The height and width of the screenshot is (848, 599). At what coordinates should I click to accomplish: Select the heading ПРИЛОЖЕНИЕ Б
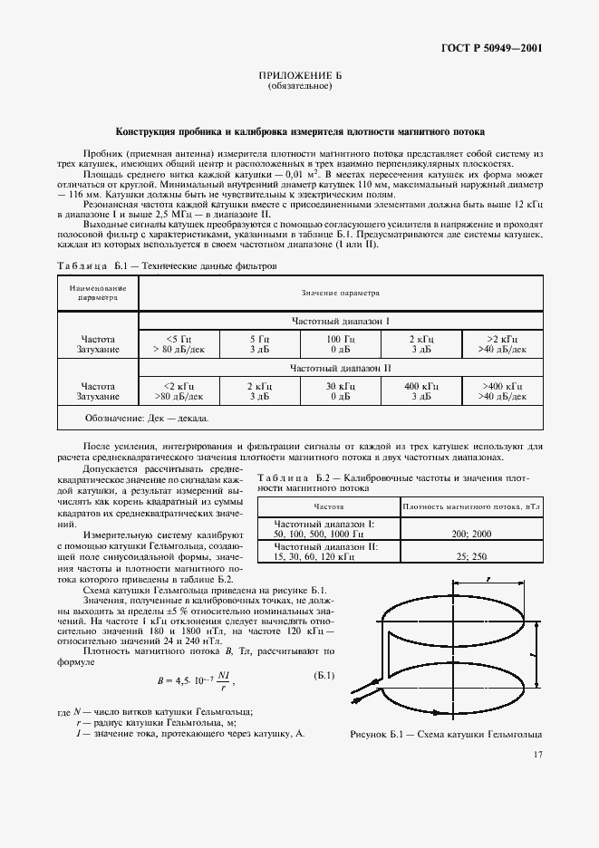[299, 78]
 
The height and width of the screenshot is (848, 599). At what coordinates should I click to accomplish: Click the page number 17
[538, 753]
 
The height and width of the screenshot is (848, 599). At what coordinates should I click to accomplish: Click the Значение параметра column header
[340, 293]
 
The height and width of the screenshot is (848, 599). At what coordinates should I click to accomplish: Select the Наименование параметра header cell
[97, 292]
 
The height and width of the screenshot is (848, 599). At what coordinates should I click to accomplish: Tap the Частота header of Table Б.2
[328, 506]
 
